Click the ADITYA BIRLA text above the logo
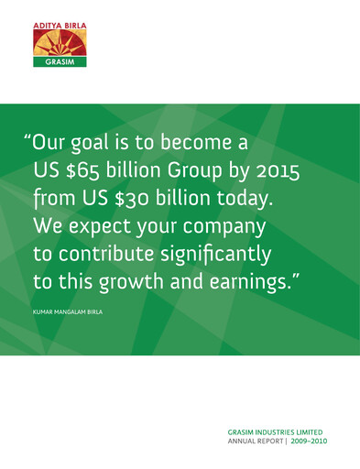[60, 25]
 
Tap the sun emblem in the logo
[60, 43]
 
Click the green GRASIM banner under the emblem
[60, 62]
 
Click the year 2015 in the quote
[275, 170]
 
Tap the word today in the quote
[241, 197]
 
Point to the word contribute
[111, 251]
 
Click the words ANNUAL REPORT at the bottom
[253, 440]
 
